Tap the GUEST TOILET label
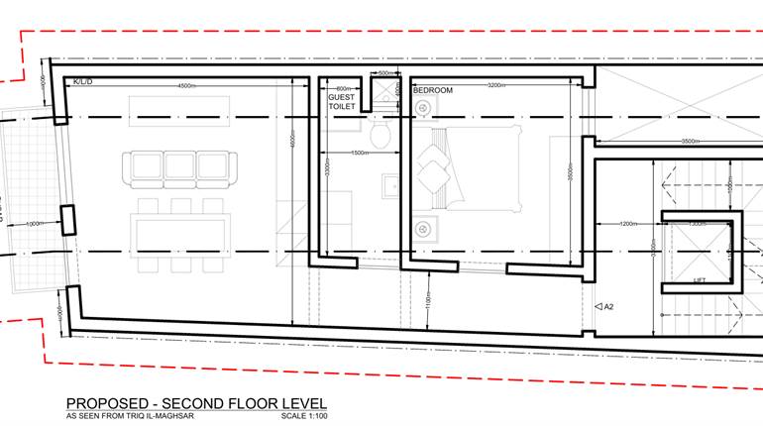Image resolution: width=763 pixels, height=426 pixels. click(x=342, y=101)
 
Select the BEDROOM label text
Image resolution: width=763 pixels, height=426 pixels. click(x=432, y=90)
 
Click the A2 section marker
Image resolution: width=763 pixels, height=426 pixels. click(x=604, y=307)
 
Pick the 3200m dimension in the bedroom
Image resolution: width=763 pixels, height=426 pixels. click(x=499, y=86)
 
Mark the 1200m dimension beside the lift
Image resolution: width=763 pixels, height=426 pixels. click(x=629, y=224)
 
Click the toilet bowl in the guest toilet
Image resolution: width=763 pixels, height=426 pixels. click(x=381, y=132)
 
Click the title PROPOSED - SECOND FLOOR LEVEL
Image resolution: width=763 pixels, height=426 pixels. click(x=195, y=403)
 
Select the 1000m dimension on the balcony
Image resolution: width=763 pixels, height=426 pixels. click(x=33, y=224)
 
